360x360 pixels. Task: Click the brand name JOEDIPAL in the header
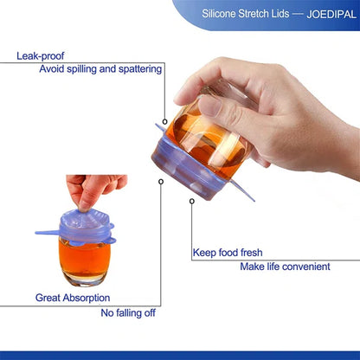pyautogui.click(x=325, y=15)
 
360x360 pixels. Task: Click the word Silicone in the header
pyautogui.click(x=222, y=15)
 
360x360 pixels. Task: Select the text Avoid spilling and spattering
pyautogui.click(x=100, y=68)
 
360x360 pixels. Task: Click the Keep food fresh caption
pyautogui.click(x=227, y=253)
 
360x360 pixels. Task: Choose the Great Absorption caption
pyautogui.click(x=72, y=298)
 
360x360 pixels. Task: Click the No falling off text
pyautogui.click(x=131, y=312)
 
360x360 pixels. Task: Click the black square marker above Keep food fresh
pyautogui.click(x=191, y=202)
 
